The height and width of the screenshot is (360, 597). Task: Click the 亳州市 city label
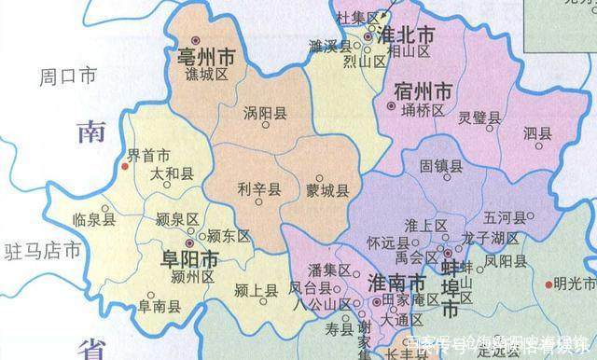pyautogui.click(x=205, y=59)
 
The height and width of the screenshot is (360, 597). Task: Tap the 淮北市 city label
pyautogui.click(x=409, y=34)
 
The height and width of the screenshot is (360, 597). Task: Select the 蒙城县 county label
pyautogui.click(x=326, y=190)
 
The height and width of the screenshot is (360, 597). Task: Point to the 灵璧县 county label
pyautogui.click(x=479, y=118)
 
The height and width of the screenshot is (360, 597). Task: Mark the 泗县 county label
pyautogui.click(x=538, y=132)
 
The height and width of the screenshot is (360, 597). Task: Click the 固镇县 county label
pyautogui.click(x=440, y=166)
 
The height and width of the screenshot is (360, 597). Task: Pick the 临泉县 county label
pyautogui.click(x=93, y=220)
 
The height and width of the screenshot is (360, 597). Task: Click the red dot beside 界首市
pyautogui.click(x=123, y=168)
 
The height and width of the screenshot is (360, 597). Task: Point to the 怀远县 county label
pyautogui.click(x=388, y=240)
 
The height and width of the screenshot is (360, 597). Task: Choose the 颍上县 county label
pyautogui.click(x=256, y=291)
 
